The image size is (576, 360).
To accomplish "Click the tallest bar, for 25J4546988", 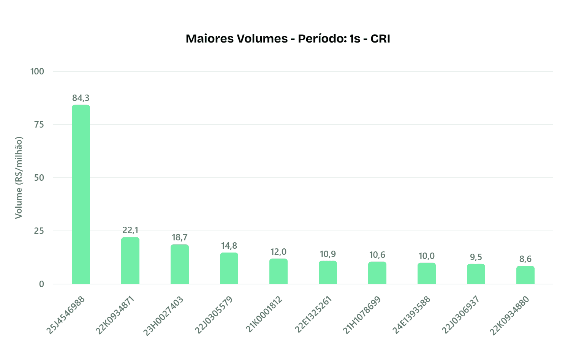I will (x=81, y=194).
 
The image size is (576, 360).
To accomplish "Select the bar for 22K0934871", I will (x=130, y=261).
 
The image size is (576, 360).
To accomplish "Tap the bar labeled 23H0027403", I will (x=180, y=264).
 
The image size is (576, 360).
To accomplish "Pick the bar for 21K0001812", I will (x=279, y=271).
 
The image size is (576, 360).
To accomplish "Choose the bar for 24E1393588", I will (x=427, y=273).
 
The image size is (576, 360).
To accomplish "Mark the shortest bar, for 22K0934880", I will (x=525, y=275).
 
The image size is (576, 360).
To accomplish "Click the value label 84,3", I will (x=81, y=98).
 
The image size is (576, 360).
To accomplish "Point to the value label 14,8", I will (x=229, y=246).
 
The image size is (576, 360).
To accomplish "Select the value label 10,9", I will (x=328, y=254).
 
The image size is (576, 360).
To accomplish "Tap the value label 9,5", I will (x=476, y=257).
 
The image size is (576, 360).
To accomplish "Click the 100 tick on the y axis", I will (x=37, y=71).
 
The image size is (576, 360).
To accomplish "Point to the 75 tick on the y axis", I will (x=39, y=125).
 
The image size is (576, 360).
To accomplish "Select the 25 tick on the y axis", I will (x=39, y=231).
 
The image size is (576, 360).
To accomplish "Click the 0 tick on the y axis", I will (x=41, y=284).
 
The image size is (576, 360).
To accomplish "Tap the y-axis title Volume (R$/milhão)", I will (x=19, y=178).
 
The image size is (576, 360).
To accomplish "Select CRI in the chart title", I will (x=380, y=39).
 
